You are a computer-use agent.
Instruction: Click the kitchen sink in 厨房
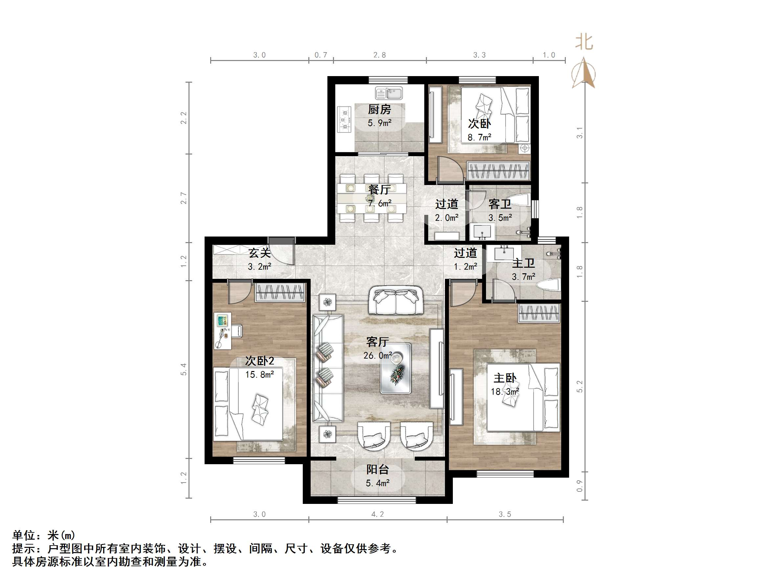(x=389, y=93)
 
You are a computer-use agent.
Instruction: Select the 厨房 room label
(x=379, y=110)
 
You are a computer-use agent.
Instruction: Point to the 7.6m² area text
(x=380, y=203)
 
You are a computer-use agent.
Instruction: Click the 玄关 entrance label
(x=259, y=253)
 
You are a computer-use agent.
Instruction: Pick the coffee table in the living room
(x=396, y=368)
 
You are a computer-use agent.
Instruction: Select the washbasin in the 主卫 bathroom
(x=504, y=254)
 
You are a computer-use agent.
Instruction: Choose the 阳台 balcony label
(x=378, y=469)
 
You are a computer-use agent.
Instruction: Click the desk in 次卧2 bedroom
(x=223, y=331)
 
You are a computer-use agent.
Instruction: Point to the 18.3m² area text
(x=505, y=392)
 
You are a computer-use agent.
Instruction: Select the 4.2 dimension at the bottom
(x=378, y=514)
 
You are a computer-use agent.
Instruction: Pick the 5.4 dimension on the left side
(x=184, y=369)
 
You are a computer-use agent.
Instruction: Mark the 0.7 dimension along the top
(x=321, y=55)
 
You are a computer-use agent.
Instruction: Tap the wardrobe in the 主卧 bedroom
(x=539, y=313)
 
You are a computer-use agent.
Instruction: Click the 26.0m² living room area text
(x=378, y=356)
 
